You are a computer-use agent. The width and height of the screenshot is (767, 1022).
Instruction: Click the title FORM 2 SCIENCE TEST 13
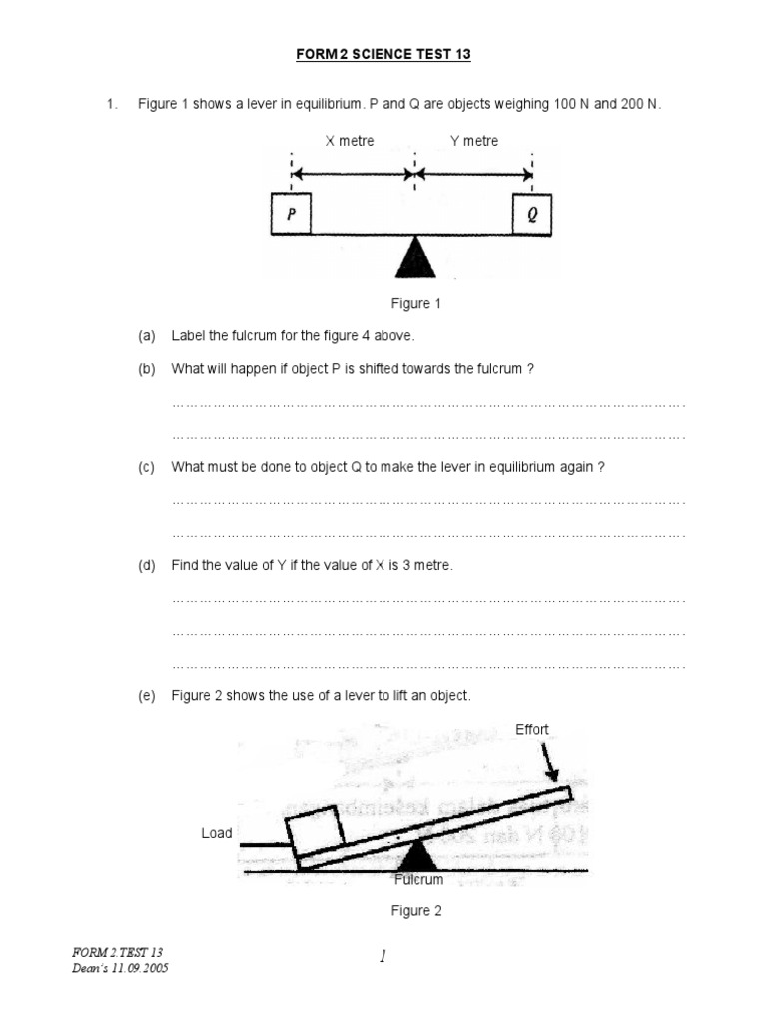tap(383, 55)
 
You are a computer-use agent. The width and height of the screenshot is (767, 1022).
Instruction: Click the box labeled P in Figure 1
tap(290, 214)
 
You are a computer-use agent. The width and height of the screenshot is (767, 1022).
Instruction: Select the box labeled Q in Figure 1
tap(532, 214)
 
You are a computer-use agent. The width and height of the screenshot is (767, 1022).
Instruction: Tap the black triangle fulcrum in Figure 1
tap(415, 257)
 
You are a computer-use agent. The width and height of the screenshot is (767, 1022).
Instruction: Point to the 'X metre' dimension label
tap(350, 141)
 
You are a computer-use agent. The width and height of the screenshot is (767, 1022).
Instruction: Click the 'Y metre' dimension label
tap(474, 141)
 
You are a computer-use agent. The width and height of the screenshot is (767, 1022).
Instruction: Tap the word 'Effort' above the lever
tap(532, 729)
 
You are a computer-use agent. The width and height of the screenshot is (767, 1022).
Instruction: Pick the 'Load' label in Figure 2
tap(217, 833)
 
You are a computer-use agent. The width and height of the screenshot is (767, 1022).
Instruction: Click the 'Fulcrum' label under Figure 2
tap(418, 880)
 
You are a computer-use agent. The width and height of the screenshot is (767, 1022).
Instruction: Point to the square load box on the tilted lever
tap(315, 829)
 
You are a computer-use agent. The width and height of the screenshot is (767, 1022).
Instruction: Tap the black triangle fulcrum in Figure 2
tap(416, 856)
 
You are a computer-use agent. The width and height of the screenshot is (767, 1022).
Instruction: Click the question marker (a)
tap(147, 336)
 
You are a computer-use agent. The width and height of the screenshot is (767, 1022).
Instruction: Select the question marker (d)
tap(147, 565)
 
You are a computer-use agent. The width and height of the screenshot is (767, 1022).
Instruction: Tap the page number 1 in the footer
tap(383, 957)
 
